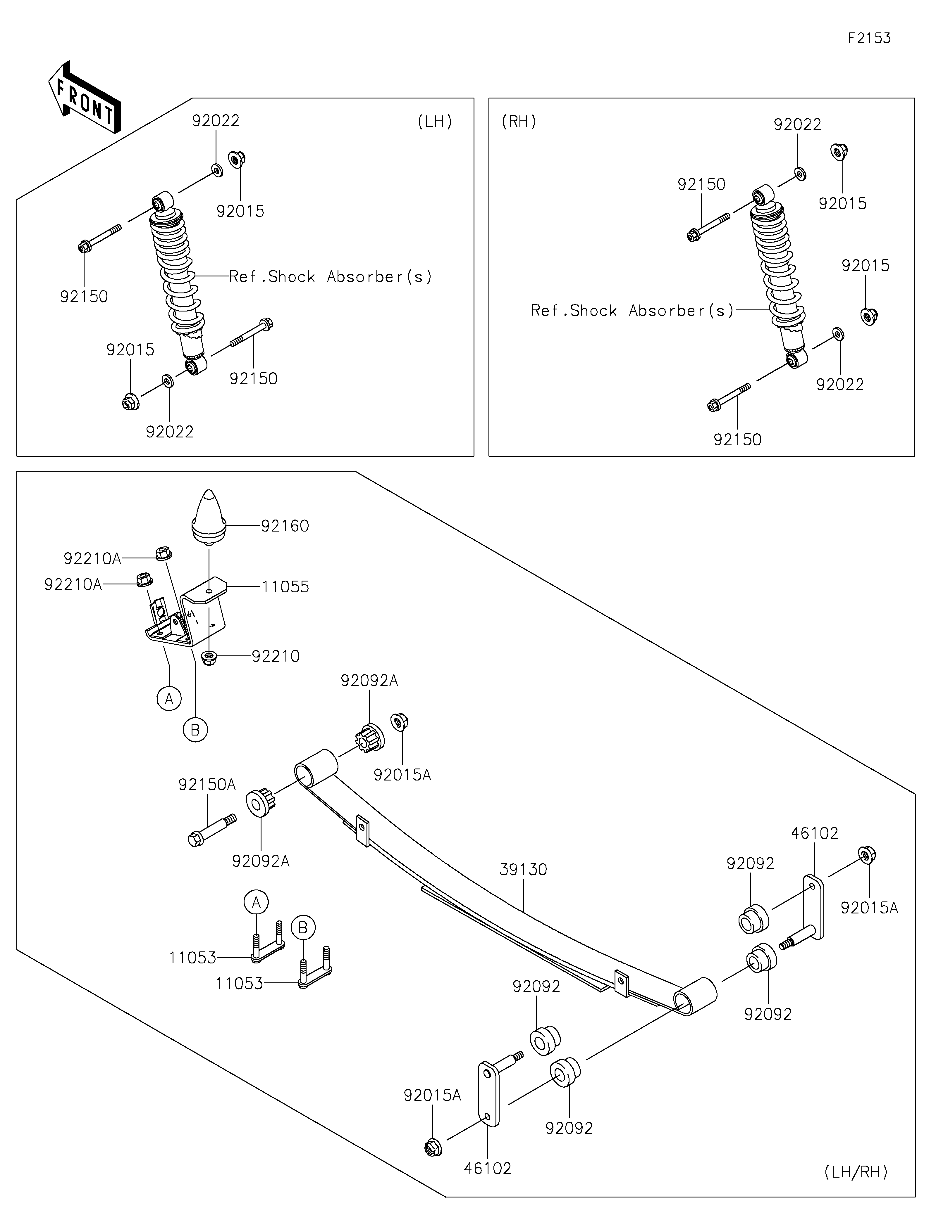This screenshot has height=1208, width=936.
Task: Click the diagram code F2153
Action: coord(869,38)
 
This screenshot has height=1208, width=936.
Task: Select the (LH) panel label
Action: coord(435,122)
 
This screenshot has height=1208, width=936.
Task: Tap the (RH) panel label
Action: coord(519,122)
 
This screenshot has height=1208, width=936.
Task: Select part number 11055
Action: coord(285,587)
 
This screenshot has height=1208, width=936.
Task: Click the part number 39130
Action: coord(523,870)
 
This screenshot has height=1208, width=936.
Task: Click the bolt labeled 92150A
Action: coord(212,830)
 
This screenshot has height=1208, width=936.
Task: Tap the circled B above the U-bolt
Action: coord(303,927)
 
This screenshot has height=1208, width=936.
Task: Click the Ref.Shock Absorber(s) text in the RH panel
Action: coord(632,311)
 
